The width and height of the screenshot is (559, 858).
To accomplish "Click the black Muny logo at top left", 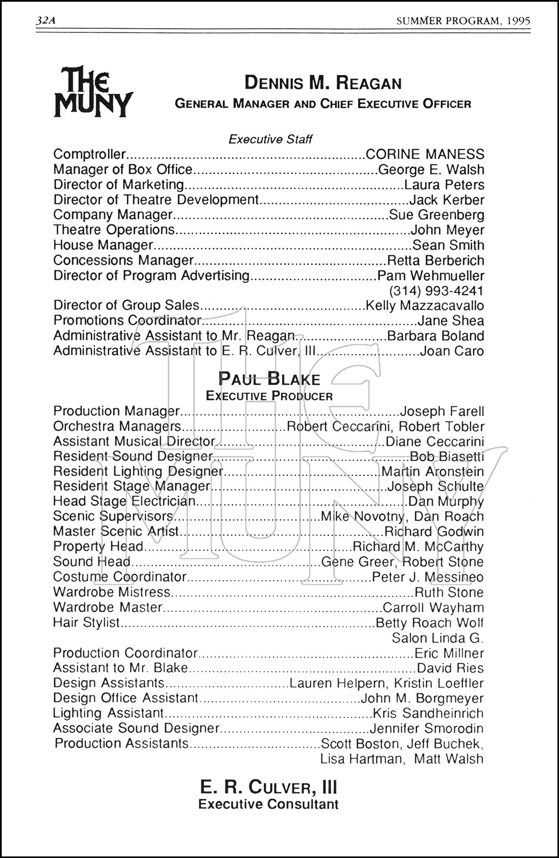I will [x=93, y=93].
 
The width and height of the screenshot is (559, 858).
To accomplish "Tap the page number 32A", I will [x=47, y=21].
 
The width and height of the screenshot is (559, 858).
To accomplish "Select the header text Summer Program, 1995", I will [x=463, y=21].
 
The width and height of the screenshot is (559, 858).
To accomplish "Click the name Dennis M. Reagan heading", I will [x=323, y=83].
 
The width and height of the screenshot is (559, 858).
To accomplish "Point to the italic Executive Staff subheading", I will [x=271, y=139].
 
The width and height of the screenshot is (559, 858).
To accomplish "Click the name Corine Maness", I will [x=425, y=154].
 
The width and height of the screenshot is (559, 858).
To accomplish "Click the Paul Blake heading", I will [x=269, y=379].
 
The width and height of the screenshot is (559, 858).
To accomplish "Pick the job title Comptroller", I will [x=89, y=154].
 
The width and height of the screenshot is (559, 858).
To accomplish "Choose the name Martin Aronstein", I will [x=433, y=472].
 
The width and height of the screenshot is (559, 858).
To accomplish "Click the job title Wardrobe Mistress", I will [x=112, y=592].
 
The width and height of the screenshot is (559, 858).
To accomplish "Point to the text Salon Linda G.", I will [x=438, y=638].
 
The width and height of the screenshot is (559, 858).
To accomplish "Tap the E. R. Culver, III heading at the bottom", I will [x=268, y=788].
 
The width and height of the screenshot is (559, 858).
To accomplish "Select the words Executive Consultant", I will [x=268, y=804].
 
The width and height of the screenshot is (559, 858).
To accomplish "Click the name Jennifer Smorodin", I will [x=427, y=728].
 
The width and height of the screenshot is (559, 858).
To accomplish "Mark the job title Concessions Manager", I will [x=123, y=260].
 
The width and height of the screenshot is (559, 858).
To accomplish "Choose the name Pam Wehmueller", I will [x=431, y=275].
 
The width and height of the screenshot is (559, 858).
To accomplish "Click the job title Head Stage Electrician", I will [x=124, y=502].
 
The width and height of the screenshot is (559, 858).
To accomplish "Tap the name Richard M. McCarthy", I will [x=418, y=547].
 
